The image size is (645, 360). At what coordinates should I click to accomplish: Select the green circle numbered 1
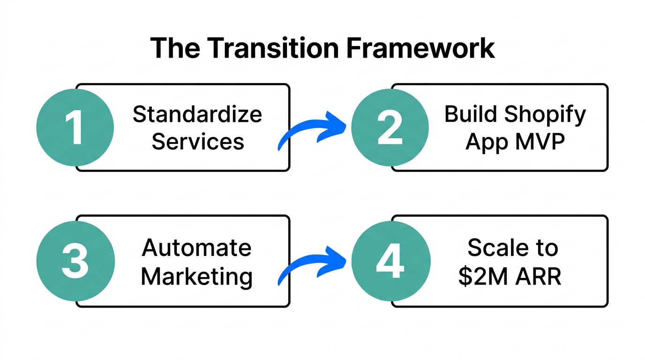pos(75,127)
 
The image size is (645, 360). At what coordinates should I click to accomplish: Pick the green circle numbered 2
pos(390,127)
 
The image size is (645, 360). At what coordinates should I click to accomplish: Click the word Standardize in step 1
pos(197,115)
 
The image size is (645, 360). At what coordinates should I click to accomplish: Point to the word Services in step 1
pos(198,141)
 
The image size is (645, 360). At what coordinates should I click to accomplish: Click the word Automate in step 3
pos(197,247)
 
